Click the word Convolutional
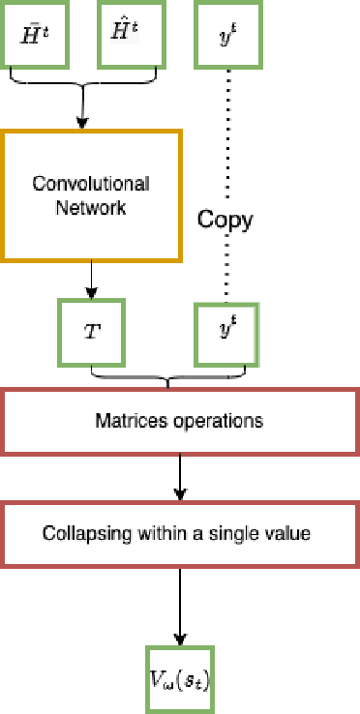click(x=91, y=183)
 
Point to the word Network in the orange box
click(x=92, y=207)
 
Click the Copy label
click(x=225, y=220)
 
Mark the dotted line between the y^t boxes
click(x=226, y=145)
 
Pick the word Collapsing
click(x=79, y=533)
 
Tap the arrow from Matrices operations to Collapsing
click(x=180, y=478)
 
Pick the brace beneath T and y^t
click(x=167, y=377)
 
